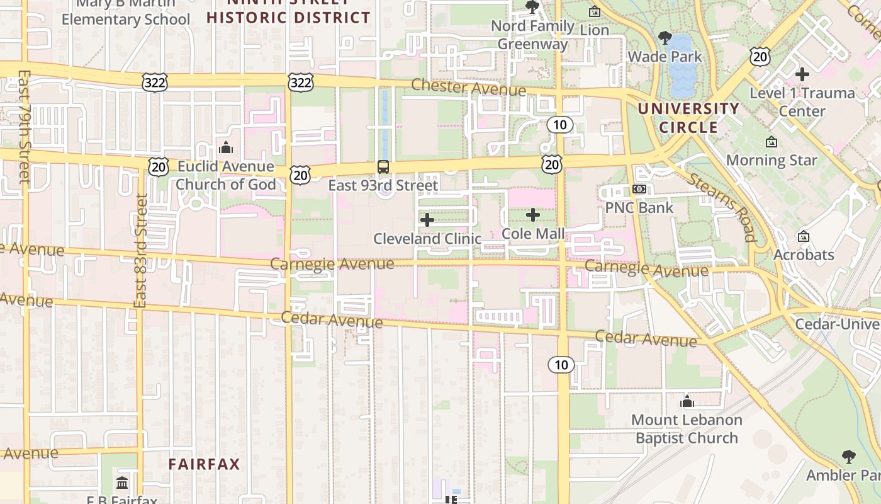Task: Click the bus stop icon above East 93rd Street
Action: point(383,167)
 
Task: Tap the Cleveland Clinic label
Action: point(427,239)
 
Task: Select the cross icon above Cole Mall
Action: point(533,215)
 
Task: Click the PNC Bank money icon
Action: point(639,190)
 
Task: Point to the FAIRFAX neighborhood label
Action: point(204,464)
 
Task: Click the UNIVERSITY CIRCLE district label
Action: point(688,118)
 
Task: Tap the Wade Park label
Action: point(665,57)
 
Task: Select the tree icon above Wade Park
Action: point(665,38)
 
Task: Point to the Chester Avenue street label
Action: point(469,88)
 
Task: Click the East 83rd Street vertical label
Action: point(141,251)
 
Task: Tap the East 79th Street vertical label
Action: point(25,126)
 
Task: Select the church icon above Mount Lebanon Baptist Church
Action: point(687,401)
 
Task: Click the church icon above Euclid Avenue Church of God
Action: point(225,148)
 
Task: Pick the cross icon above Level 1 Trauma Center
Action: point(802,74)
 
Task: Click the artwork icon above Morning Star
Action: point(772,142)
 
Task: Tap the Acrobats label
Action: point(804,255)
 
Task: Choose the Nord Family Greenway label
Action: point(532,35)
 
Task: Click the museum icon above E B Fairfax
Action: point(122,483)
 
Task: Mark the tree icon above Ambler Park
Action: point(848,456)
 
